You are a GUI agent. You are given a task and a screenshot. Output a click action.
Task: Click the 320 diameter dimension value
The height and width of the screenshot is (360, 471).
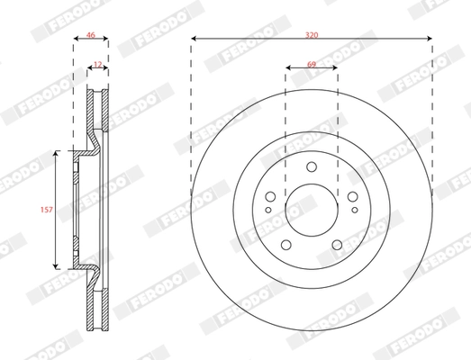pos(312,33)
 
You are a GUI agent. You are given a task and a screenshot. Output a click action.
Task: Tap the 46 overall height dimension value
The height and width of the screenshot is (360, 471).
pos(90,33)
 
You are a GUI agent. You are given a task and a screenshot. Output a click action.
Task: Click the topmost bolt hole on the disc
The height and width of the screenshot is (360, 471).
pos(312,167)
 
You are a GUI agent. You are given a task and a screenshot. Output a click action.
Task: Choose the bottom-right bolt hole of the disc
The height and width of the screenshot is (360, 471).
pos(338,246)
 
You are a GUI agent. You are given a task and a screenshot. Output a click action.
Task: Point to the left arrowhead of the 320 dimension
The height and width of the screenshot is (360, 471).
pos(195,39)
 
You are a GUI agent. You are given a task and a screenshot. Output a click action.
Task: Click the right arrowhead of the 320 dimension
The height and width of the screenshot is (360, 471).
pos(429,39)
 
